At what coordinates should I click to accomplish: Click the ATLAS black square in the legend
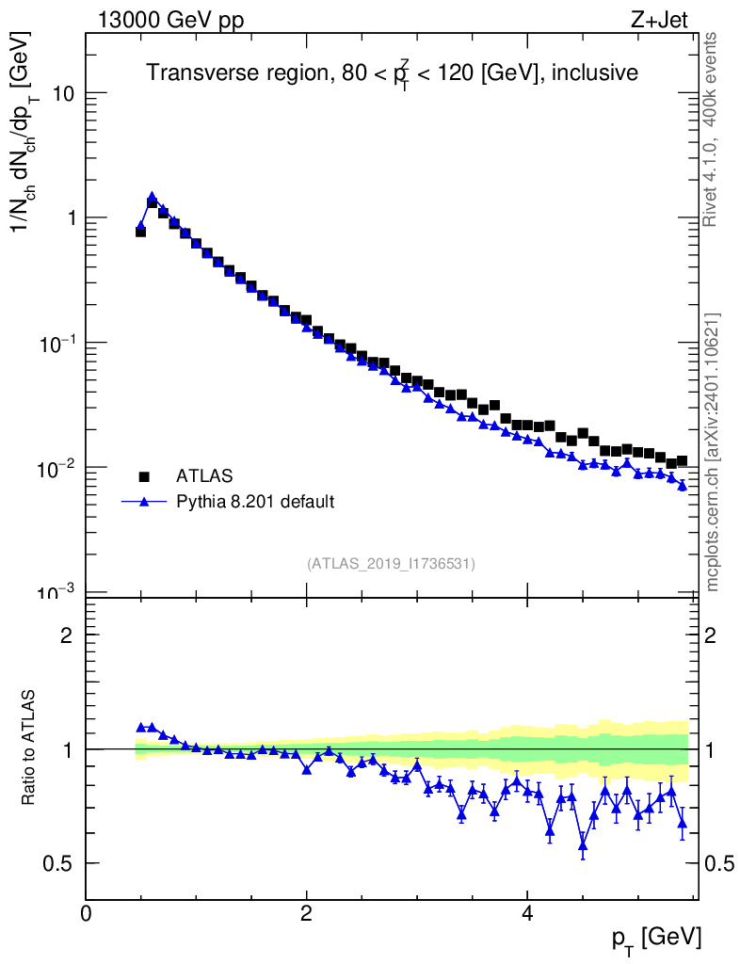point(144,476)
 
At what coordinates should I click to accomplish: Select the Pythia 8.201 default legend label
point(255,502)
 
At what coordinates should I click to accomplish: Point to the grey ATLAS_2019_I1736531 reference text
point(391,564)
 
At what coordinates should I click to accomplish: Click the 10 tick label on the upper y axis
point(63,93)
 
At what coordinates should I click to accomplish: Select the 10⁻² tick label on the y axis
point(56,468)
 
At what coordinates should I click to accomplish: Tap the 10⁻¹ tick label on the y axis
point(56,343)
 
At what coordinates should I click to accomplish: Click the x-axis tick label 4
point(528,912)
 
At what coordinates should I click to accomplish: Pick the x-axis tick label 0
point(87,912)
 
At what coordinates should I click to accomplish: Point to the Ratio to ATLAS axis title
point(29,748)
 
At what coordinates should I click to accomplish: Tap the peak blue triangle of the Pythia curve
point(152,197)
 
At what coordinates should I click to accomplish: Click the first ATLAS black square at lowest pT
point(141,231)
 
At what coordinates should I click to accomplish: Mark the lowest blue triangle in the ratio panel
point(583,845)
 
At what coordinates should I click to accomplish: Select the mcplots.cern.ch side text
point(713,452)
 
